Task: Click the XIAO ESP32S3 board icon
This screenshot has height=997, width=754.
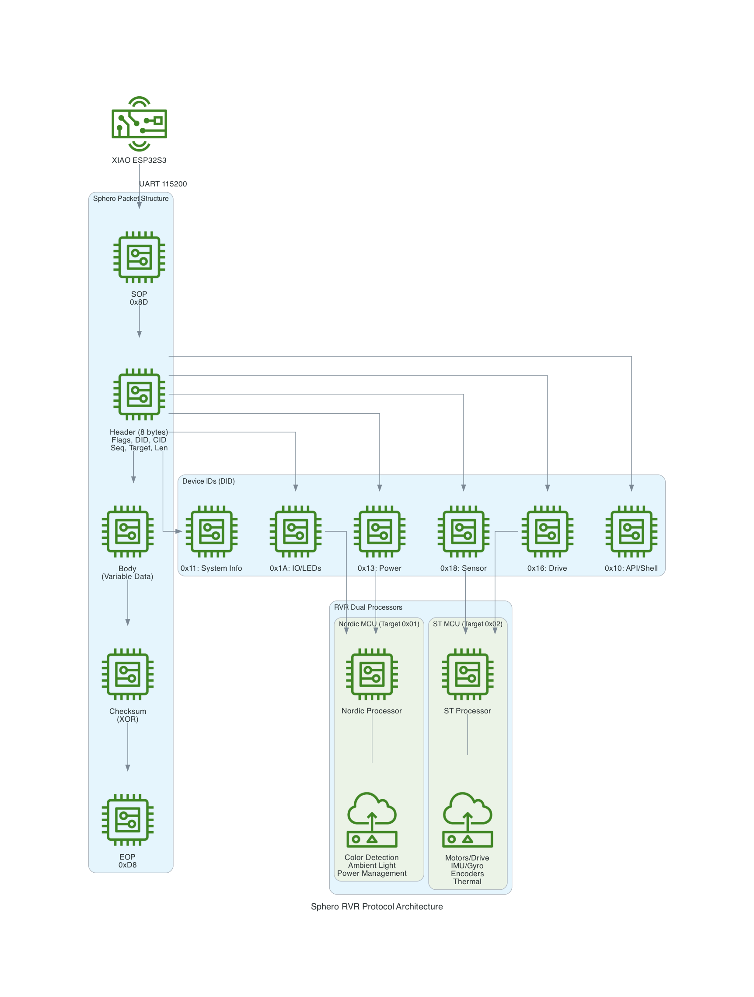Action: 139,123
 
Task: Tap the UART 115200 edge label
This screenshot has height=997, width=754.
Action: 163,184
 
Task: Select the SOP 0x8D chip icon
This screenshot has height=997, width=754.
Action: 139,257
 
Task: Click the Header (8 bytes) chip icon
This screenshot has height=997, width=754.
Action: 139,394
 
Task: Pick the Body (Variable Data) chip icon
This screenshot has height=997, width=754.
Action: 127,531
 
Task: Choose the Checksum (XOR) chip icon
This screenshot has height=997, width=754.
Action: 127,674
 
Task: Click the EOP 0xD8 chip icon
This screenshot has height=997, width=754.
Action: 127,819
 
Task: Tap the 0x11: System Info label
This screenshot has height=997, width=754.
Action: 211,568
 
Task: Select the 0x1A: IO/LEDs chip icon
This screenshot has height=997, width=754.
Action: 296,531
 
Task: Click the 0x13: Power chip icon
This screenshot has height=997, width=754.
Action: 379,531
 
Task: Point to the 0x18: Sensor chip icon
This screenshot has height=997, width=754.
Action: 464,531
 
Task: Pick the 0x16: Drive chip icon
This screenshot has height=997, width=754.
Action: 547,531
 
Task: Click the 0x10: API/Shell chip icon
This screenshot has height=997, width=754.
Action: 631,531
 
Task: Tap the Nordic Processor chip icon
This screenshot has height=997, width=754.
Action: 372,674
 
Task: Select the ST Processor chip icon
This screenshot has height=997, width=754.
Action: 468,674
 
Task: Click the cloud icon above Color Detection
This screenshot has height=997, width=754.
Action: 372,819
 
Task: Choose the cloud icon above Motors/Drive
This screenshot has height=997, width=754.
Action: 468,819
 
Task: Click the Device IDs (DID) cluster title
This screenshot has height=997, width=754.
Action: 209,481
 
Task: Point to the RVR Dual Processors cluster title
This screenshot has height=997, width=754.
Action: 368,607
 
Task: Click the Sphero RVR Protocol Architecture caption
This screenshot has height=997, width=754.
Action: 377,906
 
